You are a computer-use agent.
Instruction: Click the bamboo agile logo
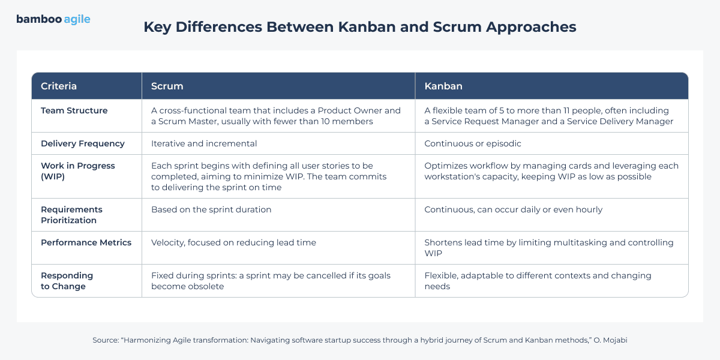pos(53,19)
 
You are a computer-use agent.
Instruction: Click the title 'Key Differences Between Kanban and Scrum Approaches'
pos(359,27)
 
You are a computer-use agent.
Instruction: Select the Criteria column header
pos(59,86)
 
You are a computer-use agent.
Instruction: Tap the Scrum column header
pos(167,86)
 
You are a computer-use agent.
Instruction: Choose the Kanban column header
pos(443,86)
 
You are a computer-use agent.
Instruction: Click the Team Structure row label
pos(74,110)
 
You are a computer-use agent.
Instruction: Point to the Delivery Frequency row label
pos(83,143)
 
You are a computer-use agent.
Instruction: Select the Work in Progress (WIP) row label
pos(78,171)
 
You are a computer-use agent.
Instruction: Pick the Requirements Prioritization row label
pos(71,215)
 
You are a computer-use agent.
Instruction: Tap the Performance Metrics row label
pos(86,242)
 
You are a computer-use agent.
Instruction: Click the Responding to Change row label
pos(67,281)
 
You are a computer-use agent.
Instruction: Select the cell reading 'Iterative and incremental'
pos(204,143)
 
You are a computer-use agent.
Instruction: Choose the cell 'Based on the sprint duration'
pos(211,209)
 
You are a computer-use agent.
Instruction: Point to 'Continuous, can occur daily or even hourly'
pos(514,209)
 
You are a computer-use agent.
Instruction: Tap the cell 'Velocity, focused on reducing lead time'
pos(233,242)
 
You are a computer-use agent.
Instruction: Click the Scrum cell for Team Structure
pos(275,116)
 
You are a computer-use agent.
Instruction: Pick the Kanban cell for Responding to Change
pos(538,281)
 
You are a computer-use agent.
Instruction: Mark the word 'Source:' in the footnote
pos(106,340)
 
